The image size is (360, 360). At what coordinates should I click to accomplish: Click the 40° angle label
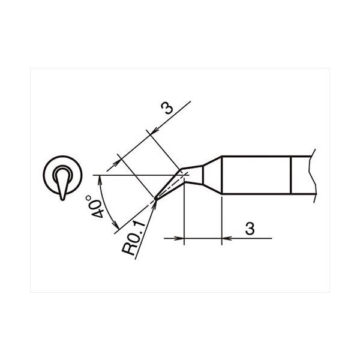tap(95, 206)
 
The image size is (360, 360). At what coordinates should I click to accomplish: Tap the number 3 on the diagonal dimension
tap(167, 109)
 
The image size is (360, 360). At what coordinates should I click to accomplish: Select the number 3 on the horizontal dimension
tap(250, 229)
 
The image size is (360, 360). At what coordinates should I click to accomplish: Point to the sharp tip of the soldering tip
tap(156, 198)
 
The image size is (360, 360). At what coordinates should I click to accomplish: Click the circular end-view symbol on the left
tap(62, 175)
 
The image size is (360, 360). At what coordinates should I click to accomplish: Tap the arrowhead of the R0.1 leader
tap(155, 203)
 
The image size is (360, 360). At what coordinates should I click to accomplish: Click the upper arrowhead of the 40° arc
tap(100, 179)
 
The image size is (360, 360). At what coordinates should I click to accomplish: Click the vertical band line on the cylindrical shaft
tap(291, 175)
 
